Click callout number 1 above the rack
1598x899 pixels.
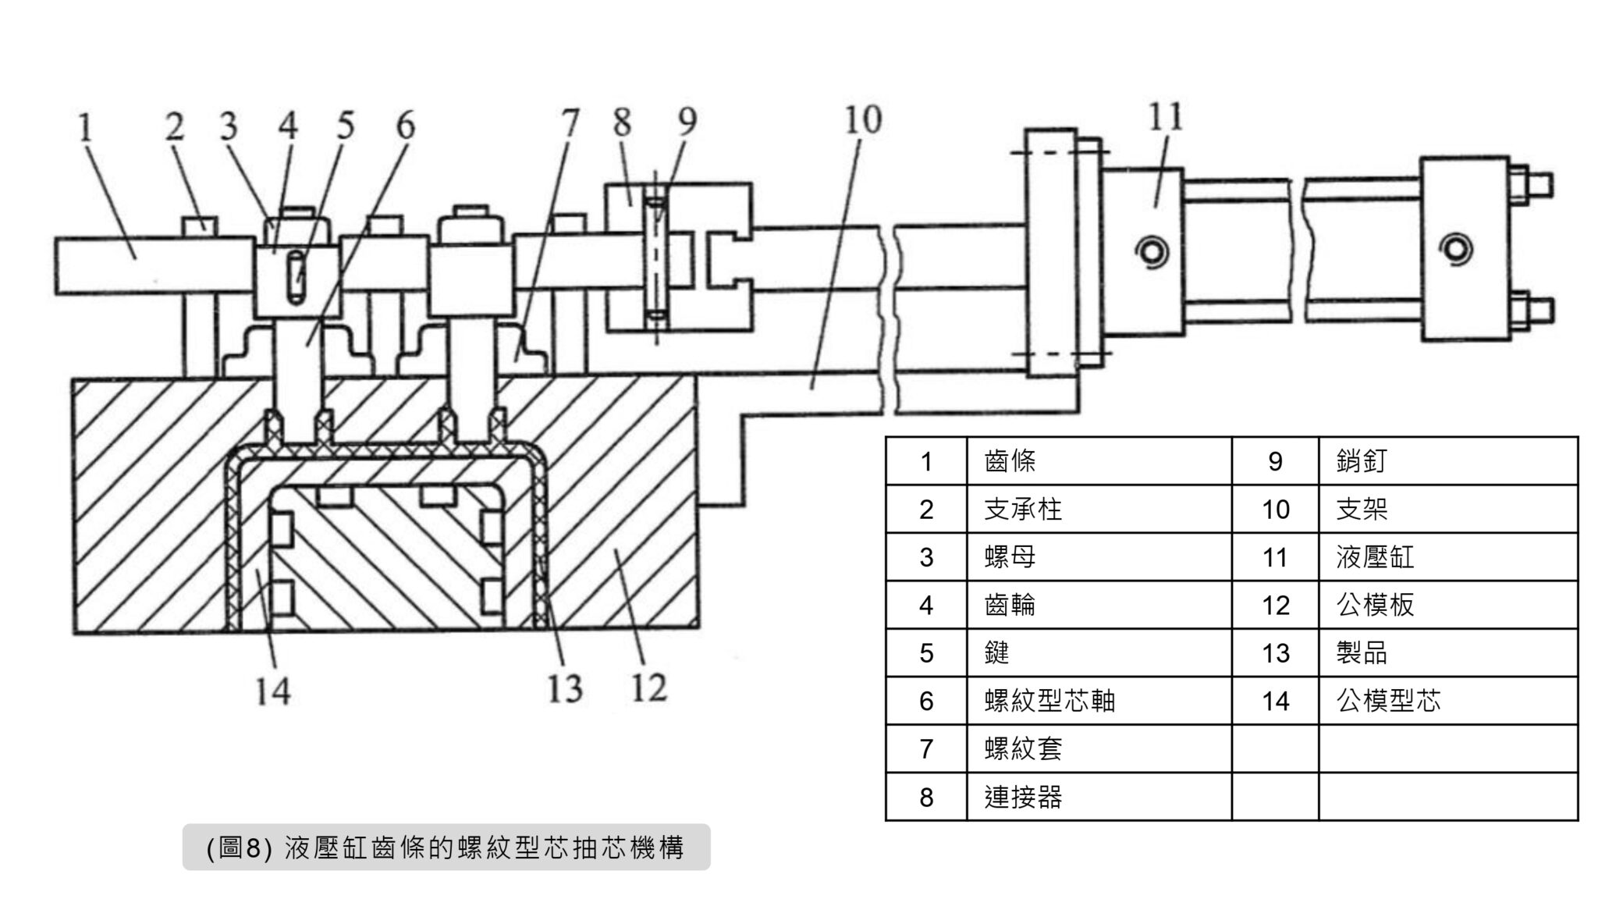86,128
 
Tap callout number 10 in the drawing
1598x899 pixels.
862,120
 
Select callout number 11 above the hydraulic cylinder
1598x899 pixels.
1165,117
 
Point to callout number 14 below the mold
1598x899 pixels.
272,691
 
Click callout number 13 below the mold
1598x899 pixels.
564,689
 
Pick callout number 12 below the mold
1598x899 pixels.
648,688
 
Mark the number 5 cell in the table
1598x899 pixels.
926,653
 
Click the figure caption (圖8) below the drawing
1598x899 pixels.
446,847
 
